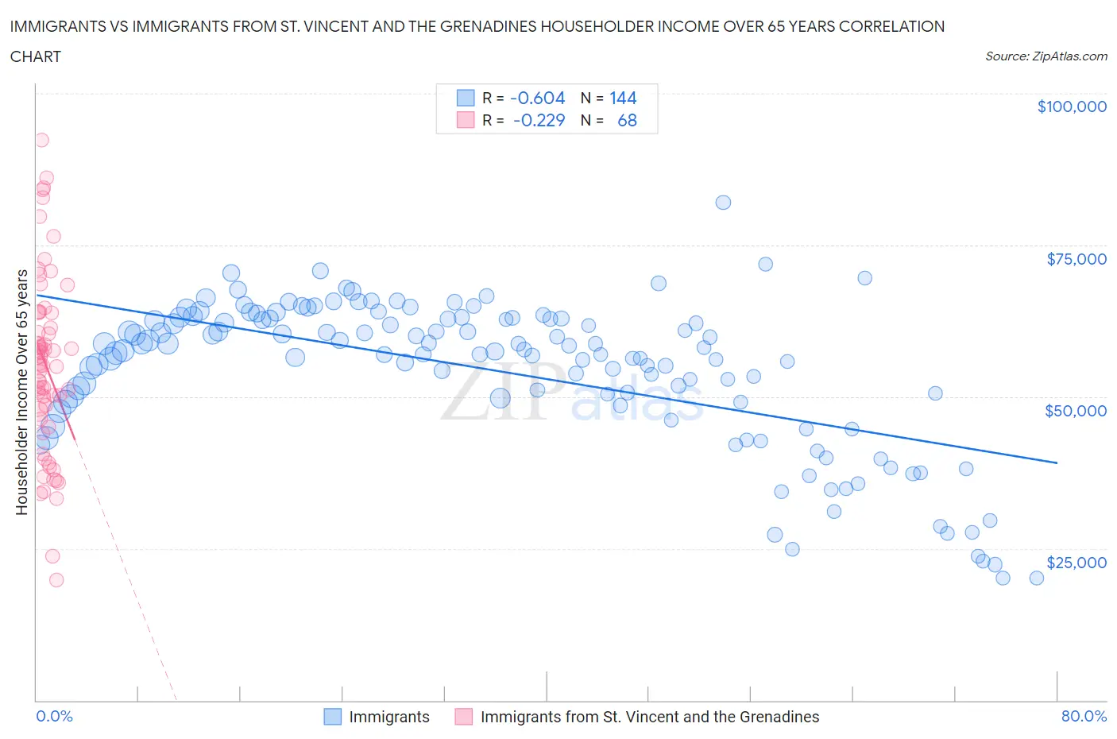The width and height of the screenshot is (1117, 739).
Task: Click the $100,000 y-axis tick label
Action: (1071, 106)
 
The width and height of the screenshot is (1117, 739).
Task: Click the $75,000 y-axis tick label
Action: (1076, 259)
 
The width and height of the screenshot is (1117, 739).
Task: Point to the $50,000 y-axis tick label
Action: (1075, 411)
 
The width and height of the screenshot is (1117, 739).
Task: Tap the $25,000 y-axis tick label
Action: (1076, 563)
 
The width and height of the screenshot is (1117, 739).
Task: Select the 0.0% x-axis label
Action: (54, 716)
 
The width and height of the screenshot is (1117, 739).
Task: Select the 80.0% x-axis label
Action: (1084, 716)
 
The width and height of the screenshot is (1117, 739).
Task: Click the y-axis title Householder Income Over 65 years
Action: (22, 392)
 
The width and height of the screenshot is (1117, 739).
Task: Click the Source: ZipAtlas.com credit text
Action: (1045, 56)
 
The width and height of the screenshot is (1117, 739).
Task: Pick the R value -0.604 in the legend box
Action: (537, 98)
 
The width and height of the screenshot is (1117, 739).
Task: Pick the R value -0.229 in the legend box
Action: (539, 120)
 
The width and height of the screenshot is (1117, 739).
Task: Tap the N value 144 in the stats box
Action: (623, 98)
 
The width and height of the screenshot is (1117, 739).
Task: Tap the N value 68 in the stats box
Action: (627, 120)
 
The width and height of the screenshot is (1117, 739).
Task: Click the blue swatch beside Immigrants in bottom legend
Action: (333, 717)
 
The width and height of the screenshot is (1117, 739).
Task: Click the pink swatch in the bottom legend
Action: (464, 717)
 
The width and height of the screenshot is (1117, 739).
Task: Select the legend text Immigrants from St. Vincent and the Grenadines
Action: (649, 717)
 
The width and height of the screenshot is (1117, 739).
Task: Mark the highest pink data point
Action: (41, 140)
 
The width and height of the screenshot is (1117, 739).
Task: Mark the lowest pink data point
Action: (56, 580)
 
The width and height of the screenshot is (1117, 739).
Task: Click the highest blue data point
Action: (723, 203)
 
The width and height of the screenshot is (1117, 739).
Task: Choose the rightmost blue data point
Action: (1037, 578)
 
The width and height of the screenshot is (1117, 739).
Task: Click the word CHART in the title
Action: (36, 56)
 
